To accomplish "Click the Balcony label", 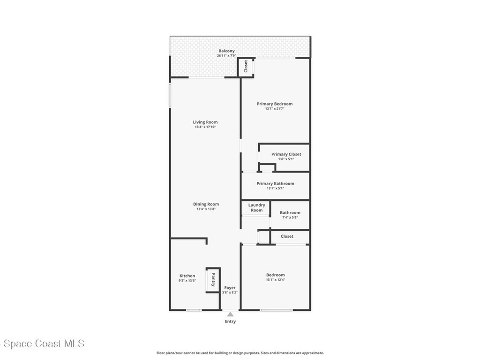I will pyautogui.click(x=226, y=51).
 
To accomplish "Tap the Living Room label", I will pyautogui.click(x=205, y=122).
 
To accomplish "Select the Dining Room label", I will pyautogui.click(x=206, y=204).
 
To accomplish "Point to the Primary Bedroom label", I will pyautogui.click(x=274, y=104).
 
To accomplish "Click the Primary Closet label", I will pyautogui.click(x=286, y=154).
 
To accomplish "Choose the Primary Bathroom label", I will pyautogui.click(x=275, y=183).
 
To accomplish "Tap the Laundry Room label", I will pyautogui.click(x=256, y=207).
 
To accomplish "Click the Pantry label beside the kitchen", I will pyautogui.click(x=213, y=280).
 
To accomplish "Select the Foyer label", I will pyautogui.click(x=230, y=287).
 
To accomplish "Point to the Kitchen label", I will pyautogui.click(x=187, y=276).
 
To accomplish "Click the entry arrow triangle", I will pyautogui.click(x=230, y=314).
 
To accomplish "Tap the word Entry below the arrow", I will pyautogui.click(x=230, y=322).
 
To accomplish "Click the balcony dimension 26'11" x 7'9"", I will pyautogui.click(x=226, y=56).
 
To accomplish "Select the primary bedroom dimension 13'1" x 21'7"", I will pyautogui.click(x=274, y=109).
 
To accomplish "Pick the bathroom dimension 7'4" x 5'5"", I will pyautogui.click(x=290, y=217).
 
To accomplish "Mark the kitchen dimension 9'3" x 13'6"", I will pyautogui.click(x=187, y=281).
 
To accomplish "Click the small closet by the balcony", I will pyautogui.click(x=246, y=67).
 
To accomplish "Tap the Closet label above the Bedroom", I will pyautogui.click(x=287, y=236).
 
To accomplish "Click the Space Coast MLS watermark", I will pyautogui.click(x=42, y=344).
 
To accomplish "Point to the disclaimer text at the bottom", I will pyautogui.click(x=240, y=353).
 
